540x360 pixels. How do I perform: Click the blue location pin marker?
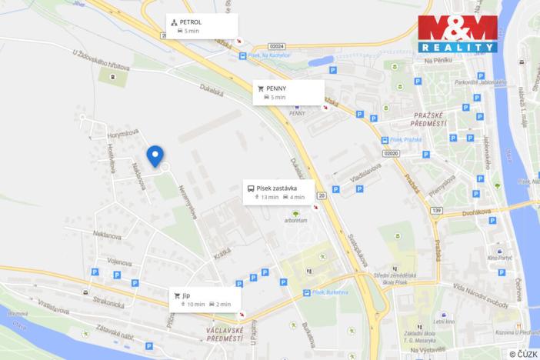tap(156, 155)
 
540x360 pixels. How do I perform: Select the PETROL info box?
tap(202, 26)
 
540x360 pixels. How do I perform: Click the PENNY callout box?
tap(288, 92)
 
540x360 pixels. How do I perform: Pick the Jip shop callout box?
tap(205, 298)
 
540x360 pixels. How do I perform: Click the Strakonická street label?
tap(107, 295)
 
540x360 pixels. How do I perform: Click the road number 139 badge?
tap(436, 210)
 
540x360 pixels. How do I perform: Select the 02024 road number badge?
tap(277, 47)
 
